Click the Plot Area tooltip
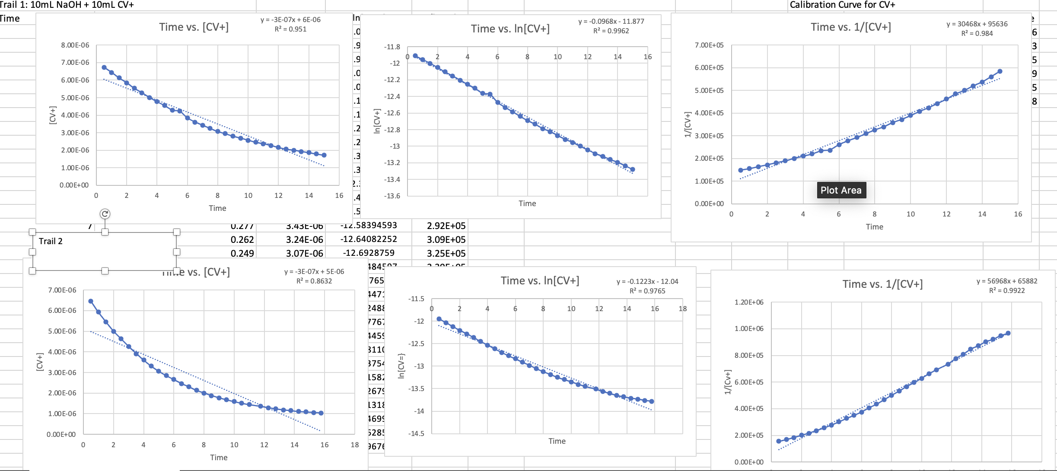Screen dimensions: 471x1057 click(x=841, y=190)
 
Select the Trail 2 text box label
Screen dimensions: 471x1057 click(x=51, y=241)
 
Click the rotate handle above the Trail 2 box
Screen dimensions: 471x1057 click(x=105, y=214)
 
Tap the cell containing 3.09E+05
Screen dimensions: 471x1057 click(x=446, y=239)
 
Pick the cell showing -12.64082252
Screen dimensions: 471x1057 click(x=369, y=239)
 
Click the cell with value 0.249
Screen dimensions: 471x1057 click(x=242, y=253)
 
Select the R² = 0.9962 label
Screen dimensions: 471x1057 click(x=611, y=31)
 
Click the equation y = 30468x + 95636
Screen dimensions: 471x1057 click(x=977, y=24)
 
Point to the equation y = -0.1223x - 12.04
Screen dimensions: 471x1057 click(x=647, y=282)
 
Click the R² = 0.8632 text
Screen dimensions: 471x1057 click(x=314, y=281)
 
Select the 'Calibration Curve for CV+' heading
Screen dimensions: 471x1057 click(x=842, y=5)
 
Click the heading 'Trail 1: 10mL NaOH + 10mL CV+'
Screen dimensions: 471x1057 click(x=67, y=5)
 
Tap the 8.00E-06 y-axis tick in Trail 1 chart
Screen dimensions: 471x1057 click(x=75, y=45)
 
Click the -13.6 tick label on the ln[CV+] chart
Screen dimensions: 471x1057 click(x=392, y=196)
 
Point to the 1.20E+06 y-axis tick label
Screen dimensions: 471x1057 click(x=748, y=302)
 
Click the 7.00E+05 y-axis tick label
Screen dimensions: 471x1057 click(x=709, y=45)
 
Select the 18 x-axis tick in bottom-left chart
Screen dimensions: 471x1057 click(x=354, y=445)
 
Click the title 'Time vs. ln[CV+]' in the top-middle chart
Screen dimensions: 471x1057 click(x=510, y=29)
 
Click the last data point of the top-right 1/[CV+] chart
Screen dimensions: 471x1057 click(x=1000, y=71)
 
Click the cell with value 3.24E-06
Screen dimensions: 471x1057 click(x=304, y=239)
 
